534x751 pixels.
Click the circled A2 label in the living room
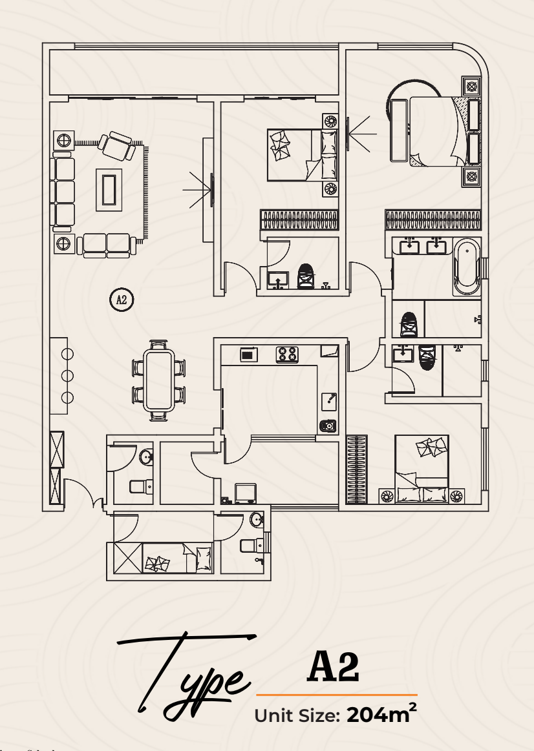pyautogui.click(x=122, y=300)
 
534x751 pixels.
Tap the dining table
pyautogui.click(x=159, y=380)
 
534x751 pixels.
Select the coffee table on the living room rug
pyautogui.click(x=109, y=190)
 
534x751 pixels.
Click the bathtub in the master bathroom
pyautogui.click(x=466, y=267)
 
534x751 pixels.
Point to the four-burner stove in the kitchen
pyautogui.click(x=287, y=355)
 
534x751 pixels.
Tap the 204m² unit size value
pyautogui.click(x=381, y=714)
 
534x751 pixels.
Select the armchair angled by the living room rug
pyautogui.click(x=116, y=147)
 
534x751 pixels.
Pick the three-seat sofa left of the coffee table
pyautogui.click(x=63, y=192)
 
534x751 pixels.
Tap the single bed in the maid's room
pyautogui.click(x=178, y=557)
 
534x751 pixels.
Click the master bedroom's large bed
pyautogui.click(x=438, y=131)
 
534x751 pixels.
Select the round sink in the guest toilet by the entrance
pyautogui.click(x=146, y=457)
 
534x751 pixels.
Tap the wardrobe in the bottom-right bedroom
pyautogui.click(x=357, y=469)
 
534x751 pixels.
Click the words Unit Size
pyautogui.click(x=297, y=715)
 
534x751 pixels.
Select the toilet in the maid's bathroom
pyautogui.click(x=251, y=544)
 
